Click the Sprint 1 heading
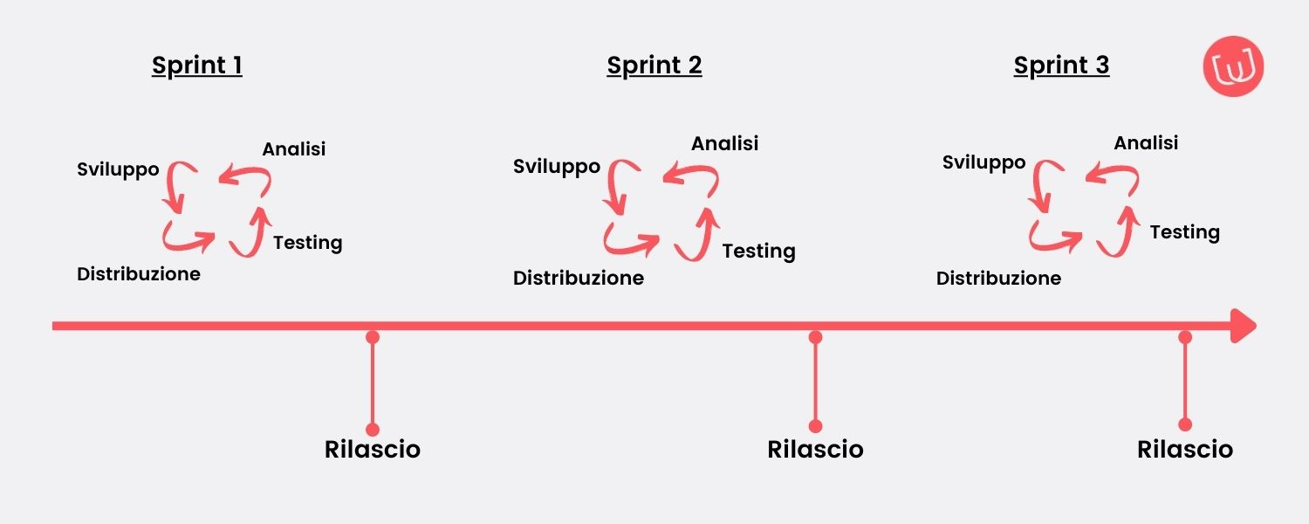tap(197, 65)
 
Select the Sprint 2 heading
tap(654, 65)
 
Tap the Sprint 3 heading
tap(1061, 65)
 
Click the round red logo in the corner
tap(1234, 66)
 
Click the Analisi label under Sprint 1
tap(294, 149)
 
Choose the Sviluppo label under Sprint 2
tap(557, 166)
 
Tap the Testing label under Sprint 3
tap(1184, 232)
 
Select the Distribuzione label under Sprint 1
tap(139, 274)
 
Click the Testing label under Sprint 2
tap(758, 252)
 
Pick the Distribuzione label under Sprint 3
tap(998, 279)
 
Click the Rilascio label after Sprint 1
tap(373, 450)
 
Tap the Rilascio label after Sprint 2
tap(815, 450)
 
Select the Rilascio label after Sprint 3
tap(1185, 450)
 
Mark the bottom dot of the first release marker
tap(373, 429)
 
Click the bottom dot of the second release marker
tap(815, 426)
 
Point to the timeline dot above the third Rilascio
tap(1185, 336)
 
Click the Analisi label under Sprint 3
tap(1146, 142)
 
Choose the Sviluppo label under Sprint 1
tap(119, 169)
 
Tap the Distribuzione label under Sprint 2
tap(579, 279)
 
